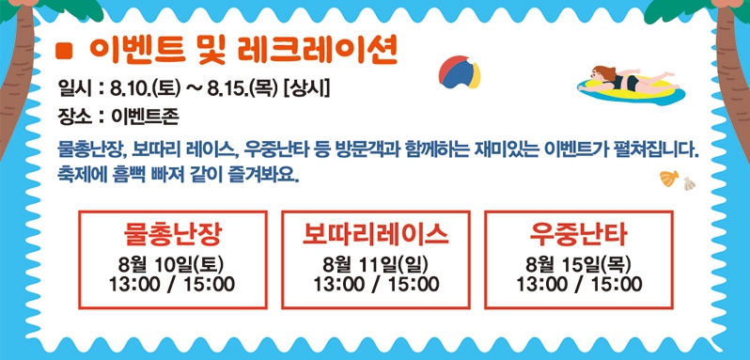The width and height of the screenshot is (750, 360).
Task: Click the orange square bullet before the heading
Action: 65,48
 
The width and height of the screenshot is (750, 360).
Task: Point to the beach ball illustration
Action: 460,72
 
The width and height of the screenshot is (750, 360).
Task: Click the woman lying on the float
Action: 622,81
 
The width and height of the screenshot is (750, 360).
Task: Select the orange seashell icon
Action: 670,177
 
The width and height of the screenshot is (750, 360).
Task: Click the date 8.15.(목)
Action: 243,90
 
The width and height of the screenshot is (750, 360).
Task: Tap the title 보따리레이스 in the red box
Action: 375,232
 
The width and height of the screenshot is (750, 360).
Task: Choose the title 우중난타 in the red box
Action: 578,232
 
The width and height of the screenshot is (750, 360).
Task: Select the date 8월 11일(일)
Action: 375,263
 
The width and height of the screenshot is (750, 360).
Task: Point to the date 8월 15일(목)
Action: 578,263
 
